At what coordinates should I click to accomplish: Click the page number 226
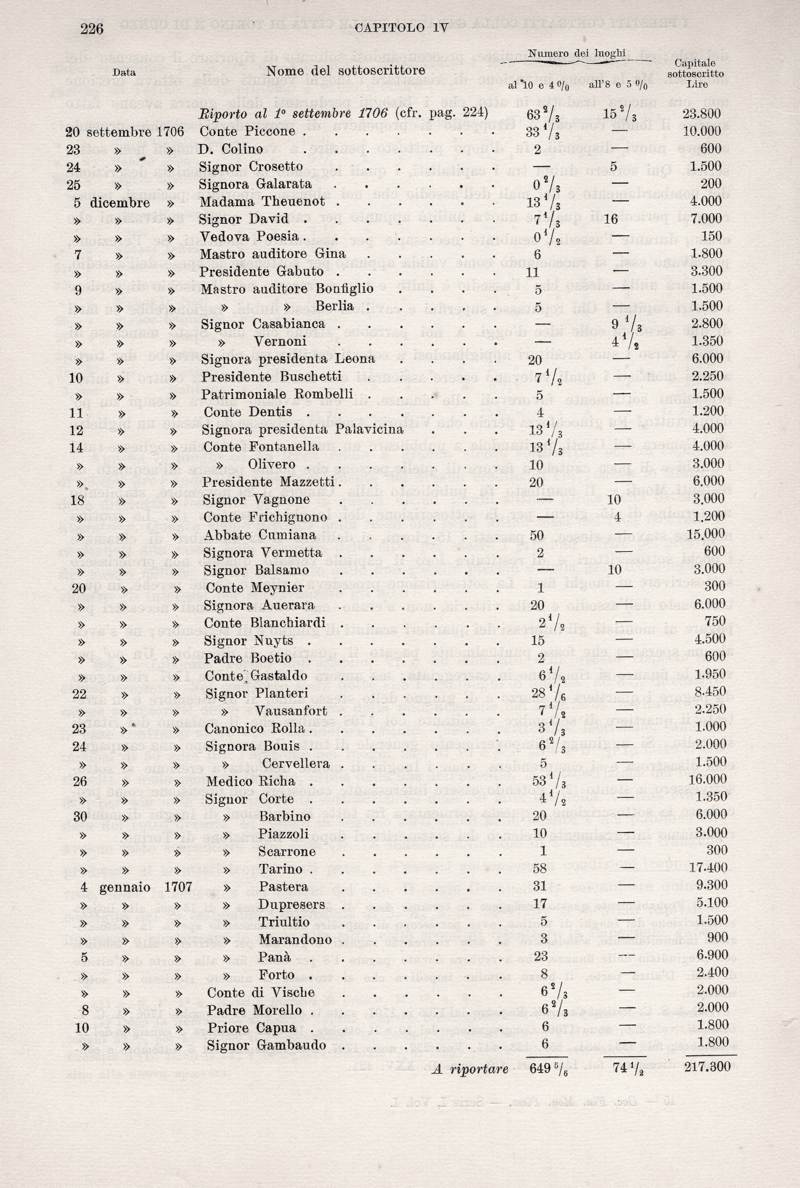(x=92, y=29)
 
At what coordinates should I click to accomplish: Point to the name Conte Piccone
(x=247, y=132)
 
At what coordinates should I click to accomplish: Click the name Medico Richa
(x=251, y=781)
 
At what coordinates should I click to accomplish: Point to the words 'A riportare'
(x=470, y=1067)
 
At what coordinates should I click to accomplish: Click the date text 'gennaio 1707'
(x=145, y=887)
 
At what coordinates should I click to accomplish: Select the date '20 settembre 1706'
(x=125, y=132)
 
